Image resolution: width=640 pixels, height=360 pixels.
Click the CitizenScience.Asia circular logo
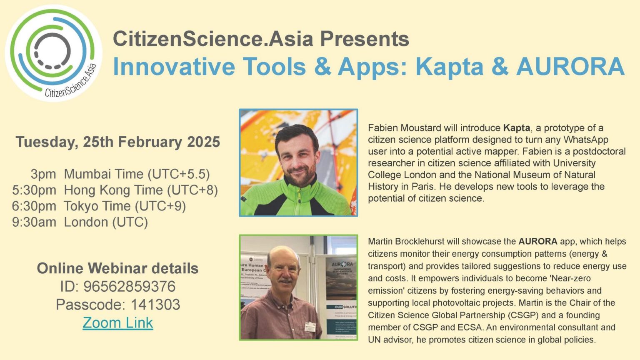coord(53,53)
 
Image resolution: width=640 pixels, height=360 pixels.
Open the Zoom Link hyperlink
coord(118,323)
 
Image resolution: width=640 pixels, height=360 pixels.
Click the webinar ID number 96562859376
coord(129,287)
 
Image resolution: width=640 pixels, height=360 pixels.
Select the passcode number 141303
coord(155,305)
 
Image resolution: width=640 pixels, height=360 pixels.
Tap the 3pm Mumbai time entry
coord(40,174)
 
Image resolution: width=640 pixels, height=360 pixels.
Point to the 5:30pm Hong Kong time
coord(34,190)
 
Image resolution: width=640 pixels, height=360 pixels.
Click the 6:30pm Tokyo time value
coord(34,206)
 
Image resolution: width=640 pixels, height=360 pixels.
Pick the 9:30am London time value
coord(34,222)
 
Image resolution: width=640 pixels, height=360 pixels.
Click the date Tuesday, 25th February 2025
coord(118,142)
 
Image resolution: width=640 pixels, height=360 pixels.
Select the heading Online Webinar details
coord(118,268)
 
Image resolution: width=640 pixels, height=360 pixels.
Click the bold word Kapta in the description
coord(517,128)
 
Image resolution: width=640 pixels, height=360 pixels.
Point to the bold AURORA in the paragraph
coord(537,241)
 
